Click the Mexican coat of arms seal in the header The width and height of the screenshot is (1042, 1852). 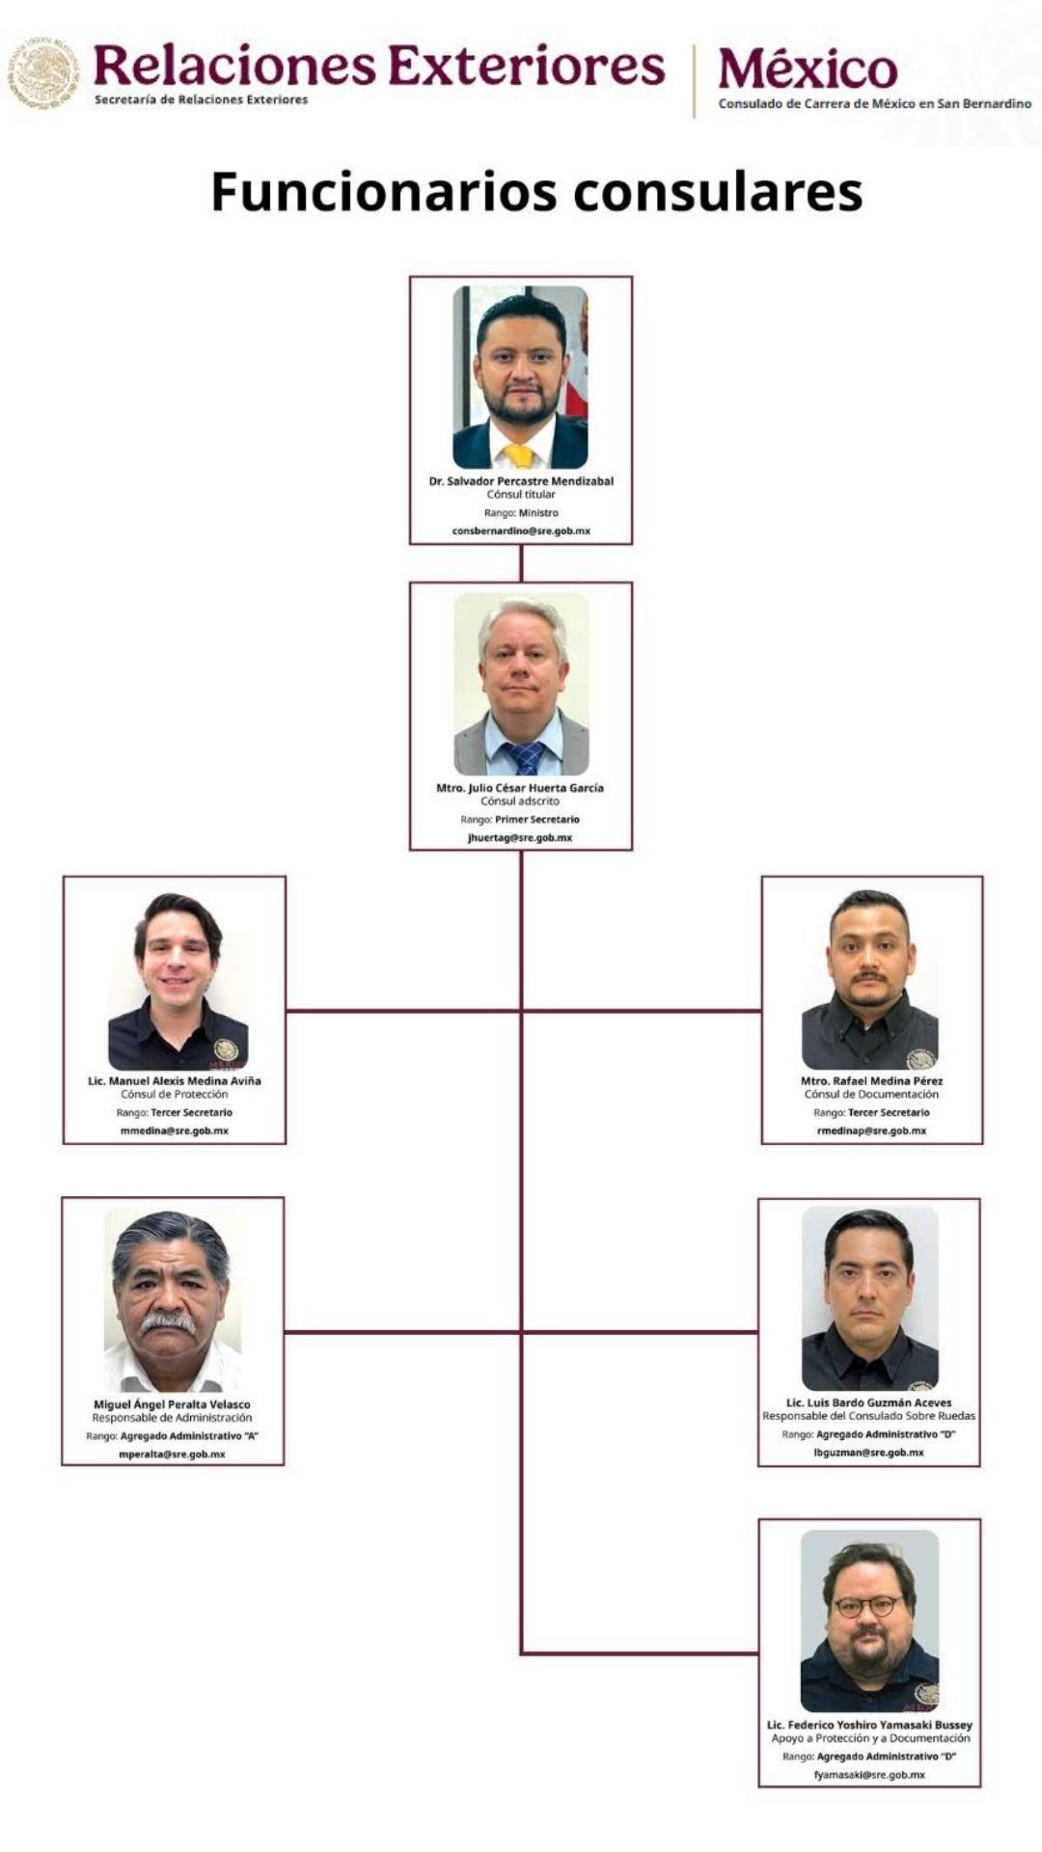[44, 72]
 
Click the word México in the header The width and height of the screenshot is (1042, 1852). [808, 68]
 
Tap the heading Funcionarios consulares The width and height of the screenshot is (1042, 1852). [536, 191]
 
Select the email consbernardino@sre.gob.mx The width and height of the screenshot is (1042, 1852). [521, 531]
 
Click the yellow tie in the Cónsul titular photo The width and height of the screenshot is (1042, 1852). [520, 455]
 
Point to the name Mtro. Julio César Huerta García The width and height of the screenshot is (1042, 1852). [520, 787]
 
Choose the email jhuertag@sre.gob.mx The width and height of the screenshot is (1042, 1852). [520, 837]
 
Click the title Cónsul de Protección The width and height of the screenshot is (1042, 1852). [175, 1095]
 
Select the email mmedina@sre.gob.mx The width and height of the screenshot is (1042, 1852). [175, 1130]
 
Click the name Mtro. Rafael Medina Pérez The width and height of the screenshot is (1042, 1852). [871, 1081]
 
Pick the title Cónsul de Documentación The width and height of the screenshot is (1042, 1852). [871, 1095]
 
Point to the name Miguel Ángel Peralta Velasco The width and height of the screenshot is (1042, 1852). [172, 1404]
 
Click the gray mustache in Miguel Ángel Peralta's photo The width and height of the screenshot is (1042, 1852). [168, 1323]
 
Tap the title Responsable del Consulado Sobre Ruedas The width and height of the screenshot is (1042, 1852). [868, 1416]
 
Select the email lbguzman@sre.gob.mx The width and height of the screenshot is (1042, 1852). [868, 1452]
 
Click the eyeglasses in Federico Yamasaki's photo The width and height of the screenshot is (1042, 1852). [866, 1607]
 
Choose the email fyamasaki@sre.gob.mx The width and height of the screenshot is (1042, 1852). [869, 1774]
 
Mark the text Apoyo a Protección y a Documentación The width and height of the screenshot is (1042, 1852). [870, 1738]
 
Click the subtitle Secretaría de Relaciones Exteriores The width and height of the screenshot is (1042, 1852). [201, 99]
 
